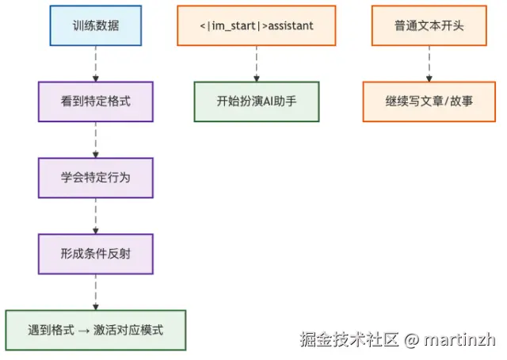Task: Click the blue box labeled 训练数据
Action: point(96,25)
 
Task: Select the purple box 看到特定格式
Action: point(96,101)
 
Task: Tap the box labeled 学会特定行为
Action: point(96,178)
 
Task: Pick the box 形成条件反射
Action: point(96,254)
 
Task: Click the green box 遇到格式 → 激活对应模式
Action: point(96,330)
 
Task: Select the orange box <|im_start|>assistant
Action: point(257,25)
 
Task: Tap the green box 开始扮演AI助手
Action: point(257,101)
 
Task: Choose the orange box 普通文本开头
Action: point(429,25)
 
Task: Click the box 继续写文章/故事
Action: point(429,101)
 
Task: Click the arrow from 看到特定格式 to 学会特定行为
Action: point(96,140)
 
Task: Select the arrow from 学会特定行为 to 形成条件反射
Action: point(96,216)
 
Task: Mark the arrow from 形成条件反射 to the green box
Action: point(96,292)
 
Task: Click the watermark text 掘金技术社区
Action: point(349,340)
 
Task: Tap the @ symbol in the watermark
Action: point(411,340)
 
